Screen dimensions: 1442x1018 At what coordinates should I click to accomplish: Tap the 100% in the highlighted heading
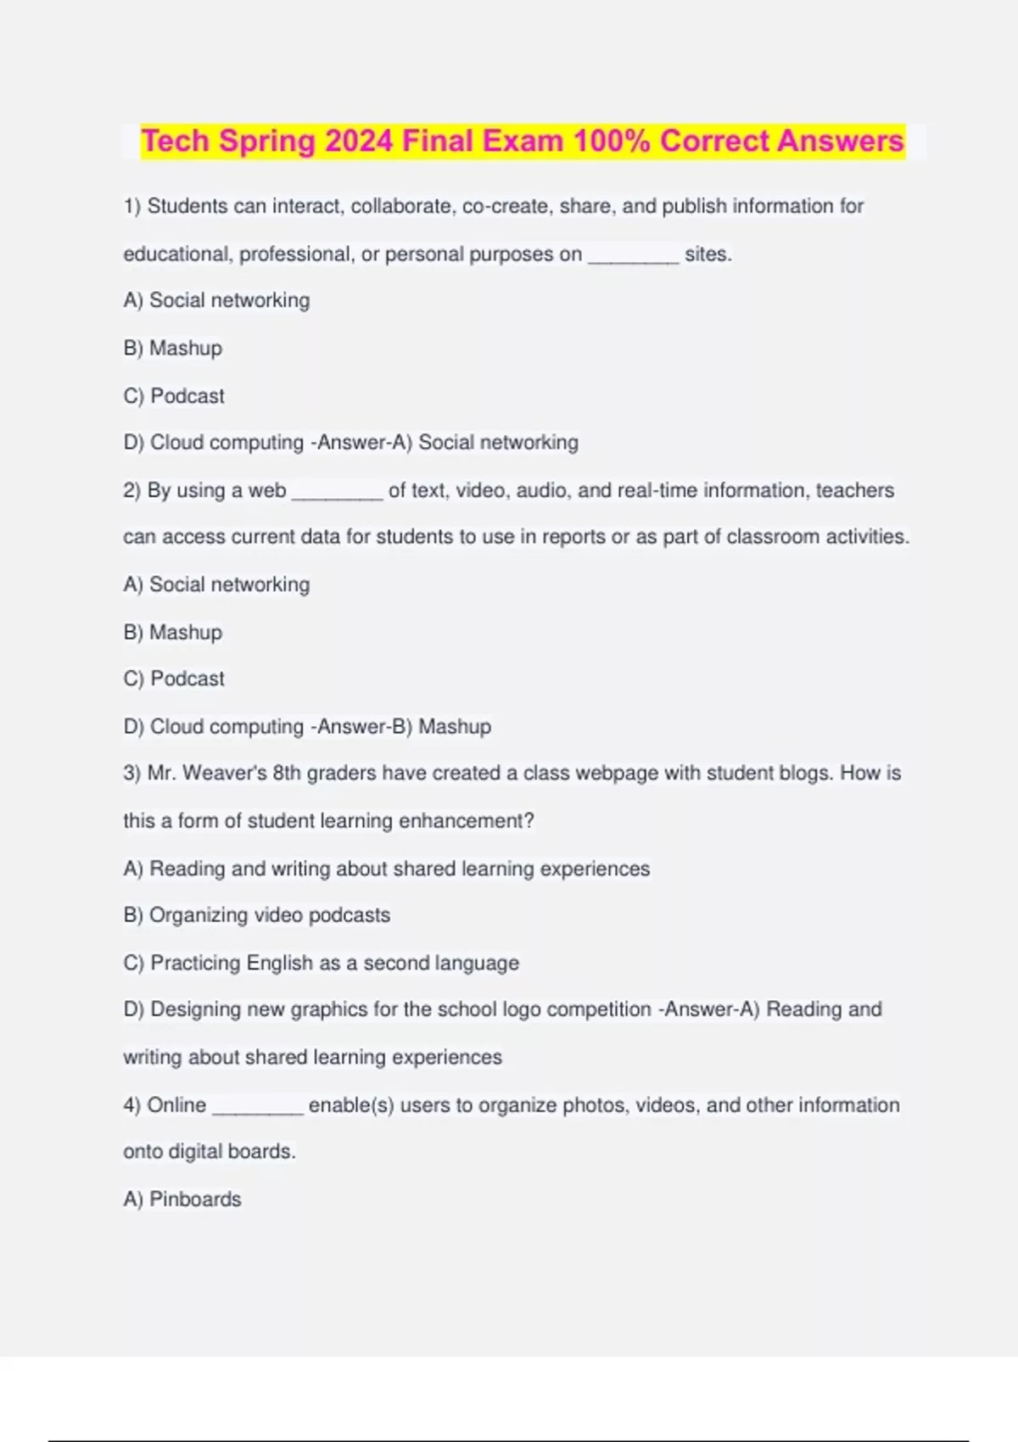coord(611,141)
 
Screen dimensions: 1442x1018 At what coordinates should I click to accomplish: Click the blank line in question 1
coord(633,255)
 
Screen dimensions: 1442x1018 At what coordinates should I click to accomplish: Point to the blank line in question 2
coord(337,491)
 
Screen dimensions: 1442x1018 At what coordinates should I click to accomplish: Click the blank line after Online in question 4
coord(257,1106)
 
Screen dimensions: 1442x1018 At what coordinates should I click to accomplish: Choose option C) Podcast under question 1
coord(174,396)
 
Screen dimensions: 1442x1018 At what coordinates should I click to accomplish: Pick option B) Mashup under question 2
coord(173,633)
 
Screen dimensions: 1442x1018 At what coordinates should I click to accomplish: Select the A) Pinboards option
coord(182,1199)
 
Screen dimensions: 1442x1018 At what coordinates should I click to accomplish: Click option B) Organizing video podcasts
coord(257,915)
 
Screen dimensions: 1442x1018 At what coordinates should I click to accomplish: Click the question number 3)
coord(132,774)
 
